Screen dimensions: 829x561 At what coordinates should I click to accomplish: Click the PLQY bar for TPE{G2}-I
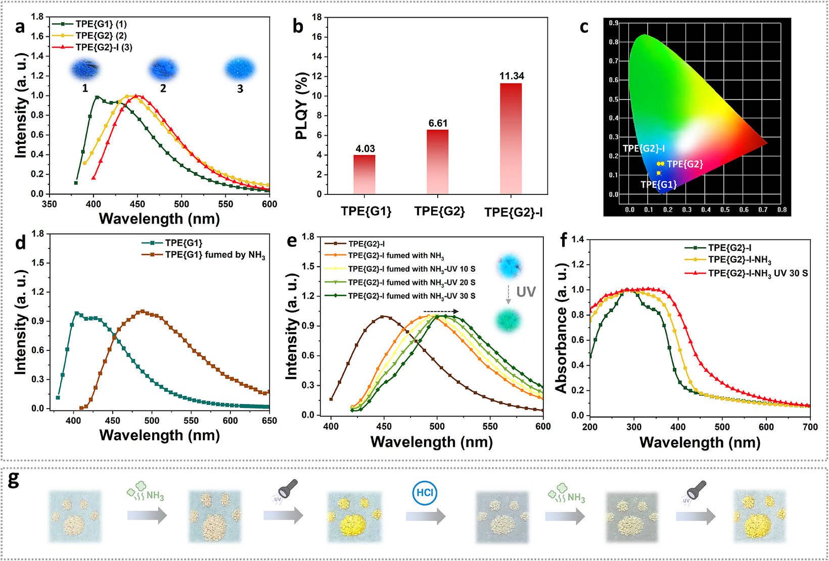tap(511, 139)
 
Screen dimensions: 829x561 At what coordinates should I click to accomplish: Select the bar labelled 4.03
tap(364, 175)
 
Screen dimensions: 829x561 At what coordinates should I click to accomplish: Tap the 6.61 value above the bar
tap(438, 123)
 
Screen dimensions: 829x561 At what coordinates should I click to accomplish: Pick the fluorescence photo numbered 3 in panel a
tap(240, 69)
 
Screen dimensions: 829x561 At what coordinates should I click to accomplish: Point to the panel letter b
tap(298, 27)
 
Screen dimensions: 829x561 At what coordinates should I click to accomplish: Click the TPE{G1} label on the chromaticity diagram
tap(658, 184)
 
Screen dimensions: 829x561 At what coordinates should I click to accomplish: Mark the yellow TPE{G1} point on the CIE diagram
tap(658, 173)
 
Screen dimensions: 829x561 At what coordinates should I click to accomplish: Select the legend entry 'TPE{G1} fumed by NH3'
tap(204, 255)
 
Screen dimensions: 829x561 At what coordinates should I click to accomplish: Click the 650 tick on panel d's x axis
tap(269, 421)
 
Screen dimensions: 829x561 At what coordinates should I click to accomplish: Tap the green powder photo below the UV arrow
tap(508, 320)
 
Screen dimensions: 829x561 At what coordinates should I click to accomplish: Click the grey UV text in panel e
tap(526, 292)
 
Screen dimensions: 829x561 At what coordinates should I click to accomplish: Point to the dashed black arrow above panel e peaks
tap(441, 312)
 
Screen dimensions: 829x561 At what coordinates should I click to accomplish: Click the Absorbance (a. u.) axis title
tap(561, 328)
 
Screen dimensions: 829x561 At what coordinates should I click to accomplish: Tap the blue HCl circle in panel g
tap(425, 493)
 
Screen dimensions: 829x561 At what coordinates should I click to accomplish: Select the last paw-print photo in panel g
tap(759, 516)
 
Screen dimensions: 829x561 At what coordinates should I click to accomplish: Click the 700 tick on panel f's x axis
tap(810, 427)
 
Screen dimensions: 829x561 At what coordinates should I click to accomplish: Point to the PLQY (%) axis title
tap(302, 106)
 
